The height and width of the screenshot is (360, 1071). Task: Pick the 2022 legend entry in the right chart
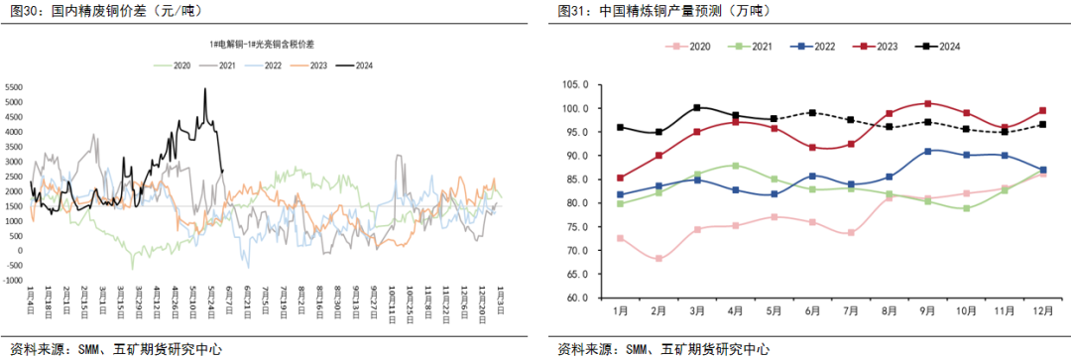(815, 47)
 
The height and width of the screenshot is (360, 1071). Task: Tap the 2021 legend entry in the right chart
(756, 47)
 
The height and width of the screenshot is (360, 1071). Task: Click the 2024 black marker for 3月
(698, 107)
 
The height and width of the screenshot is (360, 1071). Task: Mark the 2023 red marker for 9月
(928, 103)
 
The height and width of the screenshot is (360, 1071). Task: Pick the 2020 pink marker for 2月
(659, 259)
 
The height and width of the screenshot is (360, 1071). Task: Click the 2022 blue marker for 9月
(928, 151)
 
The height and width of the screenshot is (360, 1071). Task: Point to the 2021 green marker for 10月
(967, 208)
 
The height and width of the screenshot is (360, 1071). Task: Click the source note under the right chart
(663, 349)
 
